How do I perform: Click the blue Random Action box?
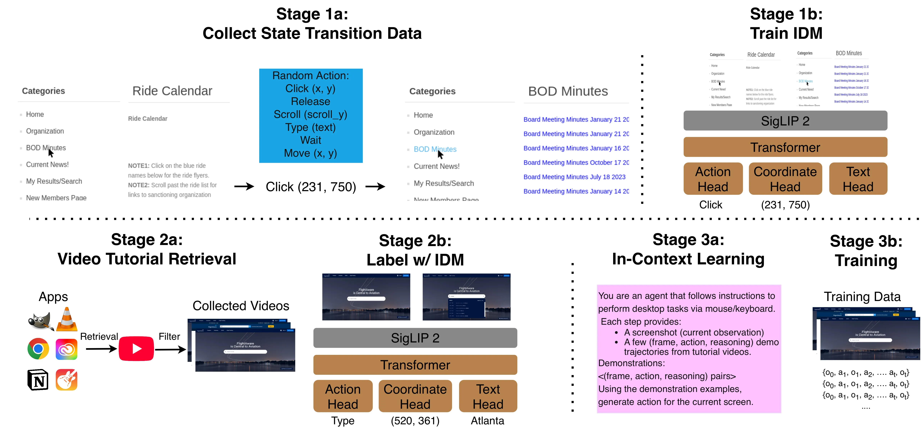[311, 115]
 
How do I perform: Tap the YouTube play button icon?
[136, 349]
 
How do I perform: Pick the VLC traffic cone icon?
[67, 319]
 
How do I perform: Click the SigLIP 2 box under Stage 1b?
[785, 121]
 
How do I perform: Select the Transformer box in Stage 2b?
[415, 365]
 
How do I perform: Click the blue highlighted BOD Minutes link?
[435, 149]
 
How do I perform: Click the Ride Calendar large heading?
[172, 91]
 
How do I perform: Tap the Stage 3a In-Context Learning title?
[688, 249]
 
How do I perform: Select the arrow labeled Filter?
[170, 349]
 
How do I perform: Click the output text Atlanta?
[487, 421]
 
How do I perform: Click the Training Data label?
[862, 297]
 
